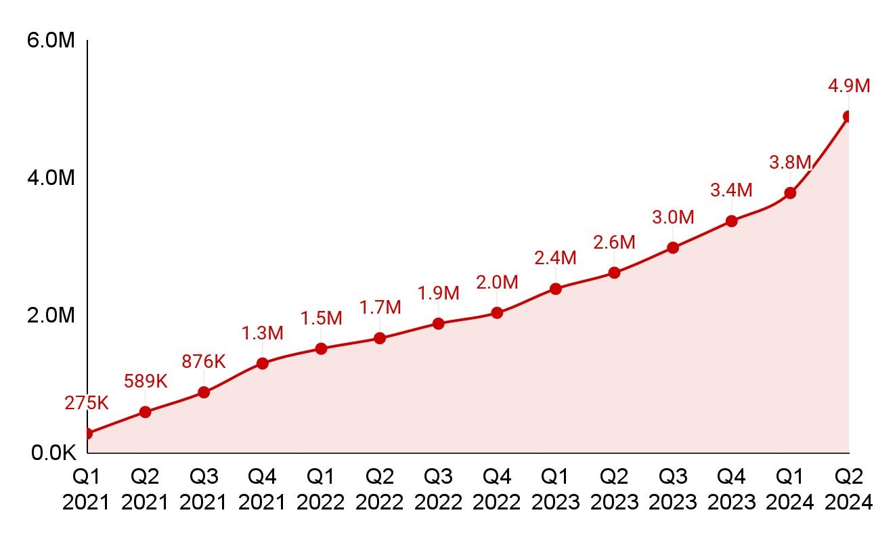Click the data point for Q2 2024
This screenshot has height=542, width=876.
coord(848,117)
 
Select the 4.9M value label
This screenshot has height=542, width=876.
coord(848,87)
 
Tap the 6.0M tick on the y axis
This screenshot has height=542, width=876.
coord(51,41)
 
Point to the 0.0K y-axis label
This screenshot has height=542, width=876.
coord(53,453)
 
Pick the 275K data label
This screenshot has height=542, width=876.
coord(87,403)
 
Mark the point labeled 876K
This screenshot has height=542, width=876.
coord(204,392)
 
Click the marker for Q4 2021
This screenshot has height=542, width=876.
coord(263,363)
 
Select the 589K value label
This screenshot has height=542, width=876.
coord(145,381)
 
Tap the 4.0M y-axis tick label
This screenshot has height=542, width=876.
coord(51,178)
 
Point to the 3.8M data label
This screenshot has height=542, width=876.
coord(790,163)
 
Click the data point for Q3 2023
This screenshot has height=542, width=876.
coord(673,247)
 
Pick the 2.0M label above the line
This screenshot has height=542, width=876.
coord(497,283)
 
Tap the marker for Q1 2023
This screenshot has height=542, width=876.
coord(556,289)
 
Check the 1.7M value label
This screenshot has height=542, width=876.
coord(380,308)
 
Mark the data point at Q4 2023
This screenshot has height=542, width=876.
coord(731,221)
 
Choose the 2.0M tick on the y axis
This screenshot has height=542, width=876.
coord(51,316)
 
